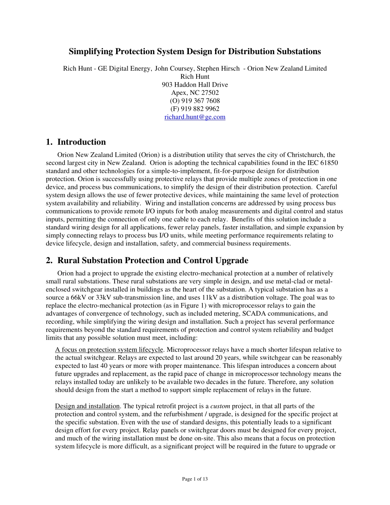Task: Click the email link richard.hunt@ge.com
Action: pyautogui.click(x=195, y=117)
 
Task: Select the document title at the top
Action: pyautogui.click(x=195, y=52)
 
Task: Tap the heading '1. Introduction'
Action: pyautogui.click(x=76, y=142)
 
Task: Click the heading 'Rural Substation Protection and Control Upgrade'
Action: pyautogui.click(x=153, y=260)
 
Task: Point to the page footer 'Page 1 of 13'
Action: pyautogui.click(x=195, y=479)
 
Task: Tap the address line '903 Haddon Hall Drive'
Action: pyautogui.click(x=195, y=85)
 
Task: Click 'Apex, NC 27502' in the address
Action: pyautogui.click(x=195, y=93)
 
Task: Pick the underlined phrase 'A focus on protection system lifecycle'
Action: pyautogui.click(x=109, y=350)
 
